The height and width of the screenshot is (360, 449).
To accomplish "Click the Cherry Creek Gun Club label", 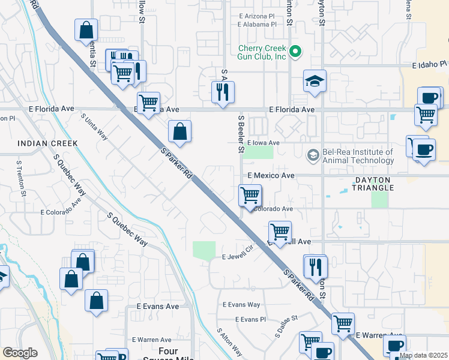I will [x=262, y=53].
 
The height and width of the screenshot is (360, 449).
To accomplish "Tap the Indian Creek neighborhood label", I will [x=47, y=143].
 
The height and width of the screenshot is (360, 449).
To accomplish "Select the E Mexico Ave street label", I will [x=271, y=176].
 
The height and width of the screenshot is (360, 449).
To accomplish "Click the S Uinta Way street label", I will [x=94, y=127].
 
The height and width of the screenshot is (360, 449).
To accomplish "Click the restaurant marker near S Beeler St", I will [x=223, y=92].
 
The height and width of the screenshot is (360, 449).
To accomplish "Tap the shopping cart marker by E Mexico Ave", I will [x=250, y=195].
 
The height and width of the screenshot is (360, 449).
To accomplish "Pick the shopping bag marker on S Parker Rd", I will [x=179, y=131].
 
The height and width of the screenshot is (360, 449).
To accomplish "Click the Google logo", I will [x=20, y=353].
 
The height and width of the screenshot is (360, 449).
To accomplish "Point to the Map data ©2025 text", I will [x=423, y=355].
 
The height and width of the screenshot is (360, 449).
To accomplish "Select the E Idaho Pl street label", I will [x=430, y=64].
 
